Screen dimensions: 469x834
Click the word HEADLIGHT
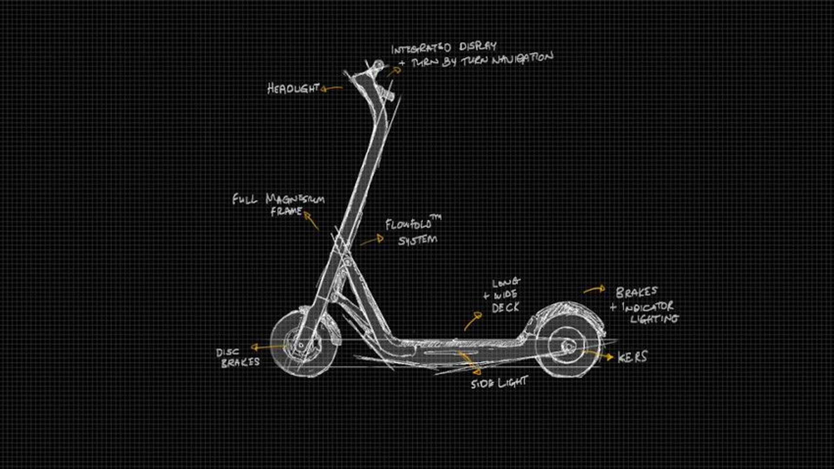coord(293,89)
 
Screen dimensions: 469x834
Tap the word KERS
coord(632,357)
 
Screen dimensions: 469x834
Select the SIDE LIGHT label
coord(499,383)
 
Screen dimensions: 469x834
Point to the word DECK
coord(506,307)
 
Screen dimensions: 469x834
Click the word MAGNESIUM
coord(295,199)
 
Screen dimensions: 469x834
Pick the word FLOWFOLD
coord(408,224)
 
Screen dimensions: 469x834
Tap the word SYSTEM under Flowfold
coord(417,240)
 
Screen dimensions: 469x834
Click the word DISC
coord(228,352)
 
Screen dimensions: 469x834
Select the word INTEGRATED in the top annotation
coord(421,48)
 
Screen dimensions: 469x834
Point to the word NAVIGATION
coord(523,59)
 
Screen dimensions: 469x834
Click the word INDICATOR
coord(648,307)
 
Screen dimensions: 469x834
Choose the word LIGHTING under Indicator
coord(655,319)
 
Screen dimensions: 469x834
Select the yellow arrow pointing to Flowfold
coord(372,240)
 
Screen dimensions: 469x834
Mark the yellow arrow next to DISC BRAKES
coord(267,347)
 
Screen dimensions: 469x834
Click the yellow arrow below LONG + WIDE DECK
coord(472,321)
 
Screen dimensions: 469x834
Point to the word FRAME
coord(286,212)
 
